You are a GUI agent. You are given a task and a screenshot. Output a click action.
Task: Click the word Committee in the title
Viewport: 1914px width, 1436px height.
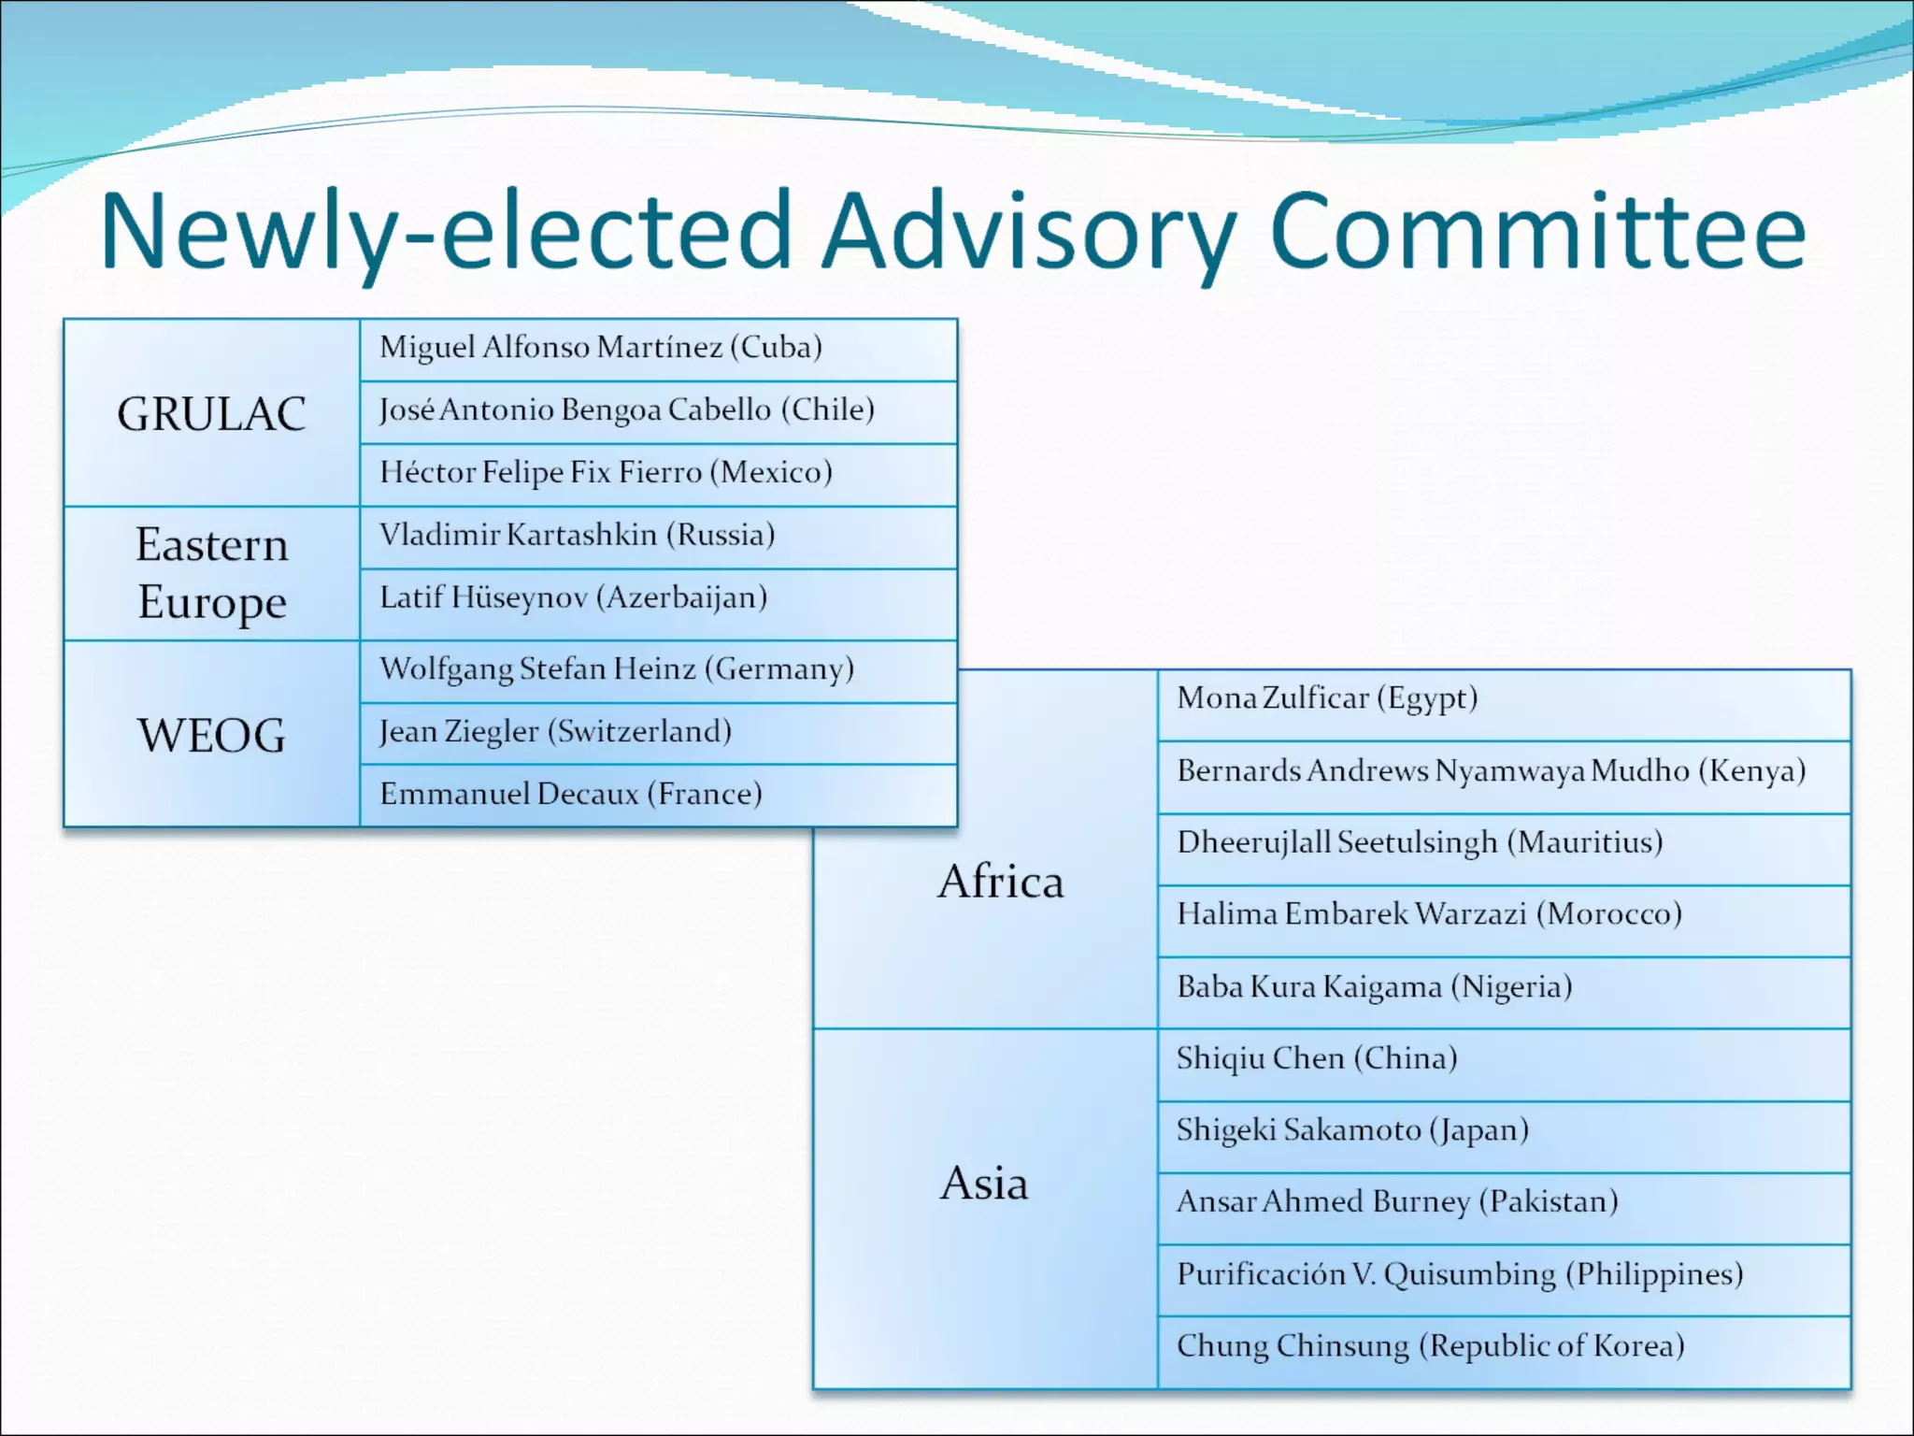pyautogui.click(x=1537, y=231)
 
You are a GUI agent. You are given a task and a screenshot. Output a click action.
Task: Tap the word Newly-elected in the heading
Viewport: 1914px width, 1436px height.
pyautogui.click(x=446, y=231)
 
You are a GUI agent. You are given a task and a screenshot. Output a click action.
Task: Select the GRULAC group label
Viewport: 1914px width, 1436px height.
pyautogui.click(x=211, y=413)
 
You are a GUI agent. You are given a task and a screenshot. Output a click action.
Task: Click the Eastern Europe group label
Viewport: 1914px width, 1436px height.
pyautogui.click(x=211, y=573)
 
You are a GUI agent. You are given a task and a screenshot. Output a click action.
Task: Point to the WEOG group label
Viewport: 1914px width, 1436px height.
pyautogui.click(x=211, y=735)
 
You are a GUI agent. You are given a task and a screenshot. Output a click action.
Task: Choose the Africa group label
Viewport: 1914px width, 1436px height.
pyautogui.click(x=1001, y=882)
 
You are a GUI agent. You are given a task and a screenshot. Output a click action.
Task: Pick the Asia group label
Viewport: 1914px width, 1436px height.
pyautogui.click(x=984, y=1184)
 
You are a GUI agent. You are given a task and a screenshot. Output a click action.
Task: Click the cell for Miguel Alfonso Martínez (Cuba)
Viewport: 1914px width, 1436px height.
pyautogui.click(x=601, y=348)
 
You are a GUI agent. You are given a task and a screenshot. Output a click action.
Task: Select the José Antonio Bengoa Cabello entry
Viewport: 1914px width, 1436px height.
pyautogui.click(x=626, y=410)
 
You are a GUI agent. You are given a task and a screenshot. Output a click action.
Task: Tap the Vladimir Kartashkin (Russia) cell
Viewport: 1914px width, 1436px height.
pyautogui.click(x=577, y=536)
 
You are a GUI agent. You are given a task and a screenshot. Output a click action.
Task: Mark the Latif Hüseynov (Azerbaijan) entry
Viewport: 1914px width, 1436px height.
pyautogui.click(x=573, y=597)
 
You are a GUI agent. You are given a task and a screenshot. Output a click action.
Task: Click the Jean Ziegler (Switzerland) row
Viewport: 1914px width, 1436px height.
pyautogui.click(x=555, y=732)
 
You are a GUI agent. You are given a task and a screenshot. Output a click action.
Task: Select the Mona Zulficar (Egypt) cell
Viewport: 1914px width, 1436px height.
pyautogui.click(x=1327, y=698)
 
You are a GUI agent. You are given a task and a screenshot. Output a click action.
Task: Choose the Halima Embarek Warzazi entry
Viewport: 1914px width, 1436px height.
pyautogui.click(x=1429, y=914)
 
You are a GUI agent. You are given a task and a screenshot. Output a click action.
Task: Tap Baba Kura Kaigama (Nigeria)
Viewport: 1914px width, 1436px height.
pyautogui.click(x=1374, y=987)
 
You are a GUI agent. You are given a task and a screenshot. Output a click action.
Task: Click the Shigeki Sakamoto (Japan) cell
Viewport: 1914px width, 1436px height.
pyautogui.click(x=1352, y=1130)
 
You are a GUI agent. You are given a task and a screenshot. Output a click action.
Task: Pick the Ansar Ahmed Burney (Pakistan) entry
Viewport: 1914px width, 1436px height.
pyautogui.click(x=1397, y=1202)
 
